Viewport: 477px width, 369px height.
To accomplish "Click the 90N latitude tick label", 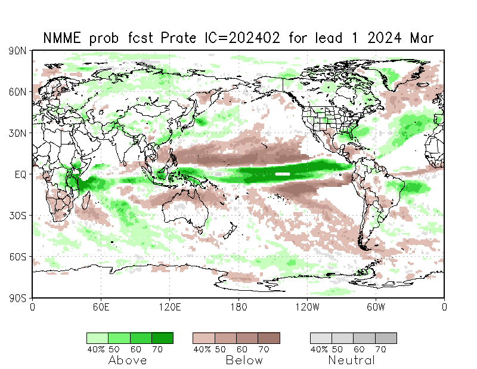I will coord(18,51).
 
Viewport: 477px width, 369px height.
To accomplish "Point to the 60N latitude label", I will coord(18,92).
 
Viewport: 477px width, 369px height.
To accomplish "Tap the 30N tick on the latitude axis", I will coord(18,133).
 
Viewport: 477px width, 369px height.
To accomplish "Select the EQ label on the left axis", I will coord(20,174).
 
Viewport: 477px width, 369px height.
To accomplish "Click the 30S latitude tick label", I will coord(18,216).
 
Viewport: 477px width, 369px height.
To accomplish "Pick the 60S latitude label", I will coord(18,257).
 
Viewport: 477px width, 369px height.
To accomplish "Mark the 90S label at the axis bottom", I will coord(18,297).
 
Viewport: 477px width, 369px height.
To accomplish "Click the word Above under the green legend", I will coord(128,360).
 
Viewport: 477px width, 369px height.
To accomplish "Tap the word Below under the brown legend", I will coord(244,360).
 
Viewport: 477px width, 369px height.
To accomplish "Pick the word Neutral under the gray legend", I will coord(352,360).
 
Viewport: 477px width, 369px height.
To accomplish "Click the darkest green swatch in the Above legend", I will coord(162,338).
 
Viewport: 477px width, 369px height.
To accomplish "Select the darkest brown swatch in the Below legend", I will coord(269,338).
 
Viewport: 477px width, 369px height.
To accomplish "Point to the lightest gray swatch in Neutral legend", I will coord(321,338).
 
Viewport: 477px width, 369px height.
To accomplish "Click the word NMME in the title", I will coord(63,39).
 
